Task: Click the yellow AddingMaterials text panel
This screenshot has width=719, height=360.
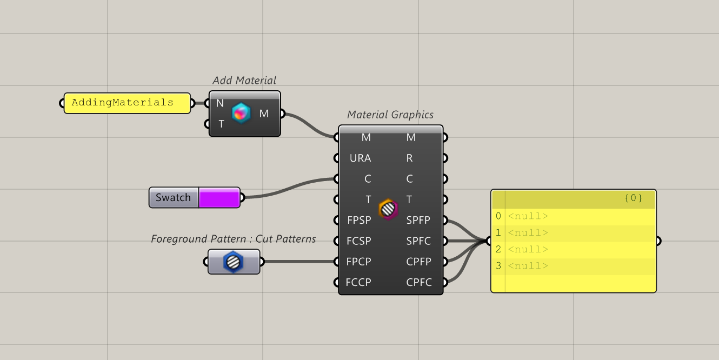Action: tap(127, 103)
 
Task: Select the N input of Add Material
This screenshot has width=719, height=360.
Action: tap(220, 103)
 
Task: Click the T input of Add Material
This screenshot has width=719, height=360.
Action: tap(221, 124)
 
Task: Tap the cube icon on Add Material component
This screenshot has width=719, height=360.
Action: tap(241, 113)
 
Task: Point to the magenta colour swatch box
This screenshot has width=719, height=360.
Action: tap(219, 198)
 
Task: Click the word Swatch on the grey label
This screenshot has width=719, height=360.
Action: tap(173, 198)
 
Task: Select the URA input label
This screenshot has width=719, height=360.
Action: tap(360, 158)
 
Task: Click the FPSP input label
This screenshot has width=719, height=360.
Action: tap(359, 221)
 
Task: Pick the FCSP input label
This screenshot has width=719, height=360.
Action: tap(359, 241)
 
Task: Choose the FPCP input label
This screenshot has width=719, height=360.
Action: tap(359, 262)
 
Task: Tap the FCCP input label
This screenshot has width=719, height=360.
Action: tap(359, 282)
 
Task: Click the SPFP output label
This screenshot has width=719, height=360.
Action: tap(418, 221)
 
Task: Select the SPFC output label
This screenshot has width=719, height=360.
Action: tap(418, 241)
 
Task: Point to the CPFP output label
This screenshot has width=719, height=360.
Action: tap(418, 262)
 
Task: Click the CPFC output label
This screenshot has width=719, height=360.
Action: tap(418, 282)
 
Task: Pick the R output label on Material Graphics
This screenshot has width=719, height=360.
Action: tap(409, 158)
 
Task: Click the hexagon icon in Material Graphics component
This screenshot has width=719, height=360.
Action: tap(388, 209)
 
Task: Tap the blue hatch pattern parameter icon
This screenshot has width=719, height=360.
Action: tap(234, 262)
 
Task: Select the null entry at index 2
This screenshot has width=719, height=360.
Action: tap(528, 250)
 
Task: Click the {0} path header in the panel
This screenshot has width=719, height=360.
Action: tap(633, 198)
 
